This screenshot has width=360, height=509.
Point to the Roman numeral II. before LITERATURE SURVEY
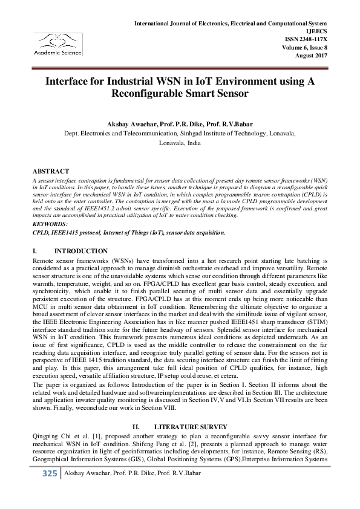pos(137,427)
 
